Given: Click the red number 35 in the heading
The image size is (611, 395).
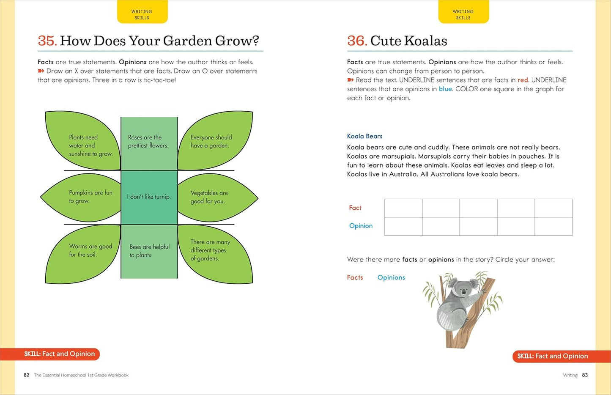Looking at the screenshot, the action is tap(47, 41).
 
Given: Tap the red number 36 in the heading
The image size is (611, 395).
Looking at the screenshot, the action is tap(356, 41).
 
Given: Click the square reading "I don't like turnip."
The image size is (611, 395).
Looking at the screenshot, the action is tap(149, 197).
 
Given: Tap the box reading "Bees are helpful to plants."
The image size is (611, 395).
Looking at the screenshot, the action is tap(149, 252).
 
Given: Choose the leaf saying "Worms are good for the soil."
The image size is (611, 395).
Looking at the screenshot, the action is tap(82, 254).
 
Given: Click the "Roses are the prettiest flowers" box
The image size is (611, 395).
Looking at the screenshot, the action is tap(149, 144).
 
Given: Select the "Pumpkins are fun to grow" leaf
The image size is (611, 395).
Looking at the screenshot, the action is tap(81, 197).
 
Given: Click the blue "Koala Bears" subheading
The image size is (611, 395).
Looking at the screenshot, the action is tap(364, 136).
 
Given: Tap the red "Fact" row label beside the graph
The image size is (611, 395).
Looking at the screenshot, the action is tap(355, 208).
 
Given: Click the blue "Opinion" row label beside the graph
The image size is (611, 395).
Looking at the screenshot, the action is tap(361, 226).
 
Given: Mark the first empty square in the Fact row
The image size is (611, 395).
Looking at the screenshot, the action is tap(403, 208).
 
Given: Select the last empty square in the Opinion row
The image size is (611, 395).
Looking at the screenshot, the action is tap(554, 226).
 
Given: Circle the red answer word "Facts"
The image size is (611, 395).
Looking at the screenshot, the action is tap(355, 277).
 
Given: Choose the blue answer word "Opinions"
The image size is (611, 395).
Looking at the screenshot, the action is tap(391, 277).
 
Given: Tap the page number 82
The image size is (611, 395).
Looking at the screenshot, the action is tap(27, 375).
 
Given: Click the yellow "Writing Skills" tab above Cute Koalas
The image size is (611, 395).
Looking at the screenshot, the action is tap(463, 12).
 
